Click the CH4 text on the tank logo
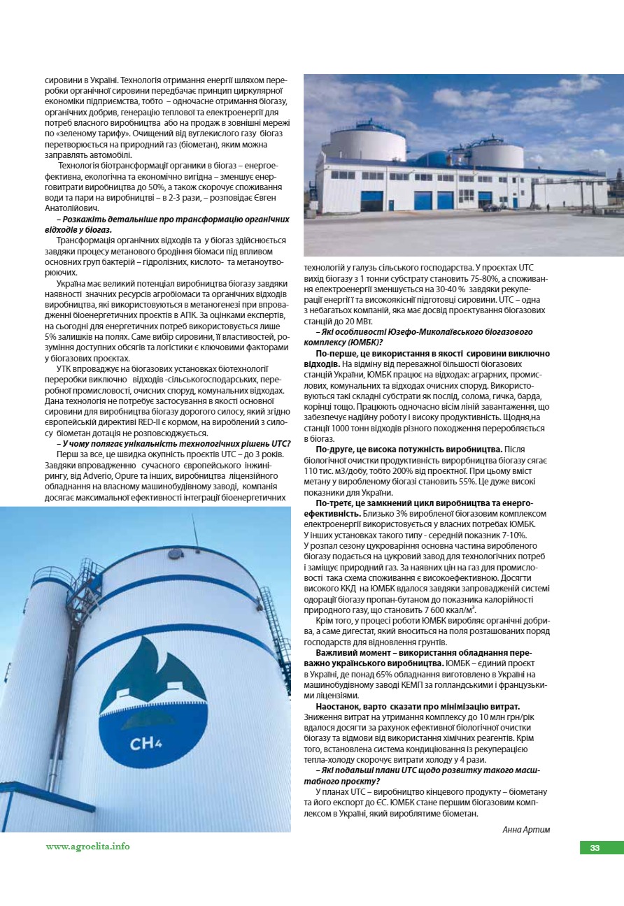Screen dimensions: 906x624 (146, 742)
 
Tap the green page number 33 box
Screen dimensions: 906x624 (595, 848)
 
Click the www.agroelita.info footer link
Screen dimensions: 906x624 (87, 847)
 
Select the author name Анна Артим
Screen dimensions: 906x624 (526, 829)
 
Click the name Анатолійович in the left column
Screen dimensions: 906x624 (71, 208)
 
